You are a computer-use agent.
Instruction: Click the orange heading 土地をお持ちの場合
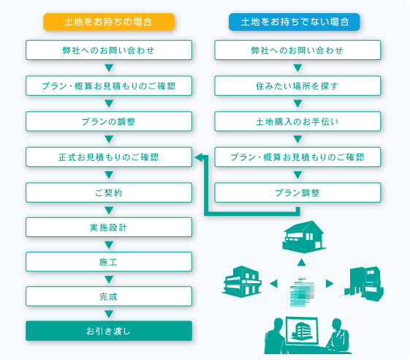click(109, 21)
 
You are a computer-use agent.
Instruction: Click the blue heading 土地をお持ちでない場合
click(295, 21)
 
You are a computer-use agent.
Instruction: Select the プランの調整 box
click(109, 121)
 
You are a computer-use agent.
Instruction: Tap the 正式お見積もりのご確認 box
click(109, 157)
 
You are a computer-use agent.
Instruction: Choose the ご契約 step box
click(109, 192)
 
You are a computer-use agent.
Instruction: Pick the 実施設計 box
click(109, 228)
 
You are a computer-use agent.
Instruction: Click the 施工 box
click(109, 262)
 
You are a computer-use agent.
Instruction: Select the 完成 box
click(109, 296)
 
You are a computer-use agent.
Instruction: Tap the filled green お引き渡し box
click(109, 331)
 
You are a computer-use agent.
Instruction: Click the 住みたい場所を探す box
click(297, 86)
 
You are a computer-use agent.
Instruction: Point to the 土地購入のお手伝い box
click(297, 121)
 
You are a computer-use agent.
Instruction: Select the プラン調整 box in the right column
click(297, 192)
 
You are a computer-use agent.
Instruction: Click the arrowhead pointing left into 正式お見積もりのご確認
click(198, 157)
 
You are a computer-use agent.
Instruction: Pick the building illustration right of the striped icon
click(362, 281)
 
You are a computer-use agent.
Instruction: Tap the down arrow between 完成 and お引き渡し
click(109, 313)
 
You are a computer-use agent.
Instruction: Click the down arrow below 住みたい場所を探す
click(297, 103)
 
